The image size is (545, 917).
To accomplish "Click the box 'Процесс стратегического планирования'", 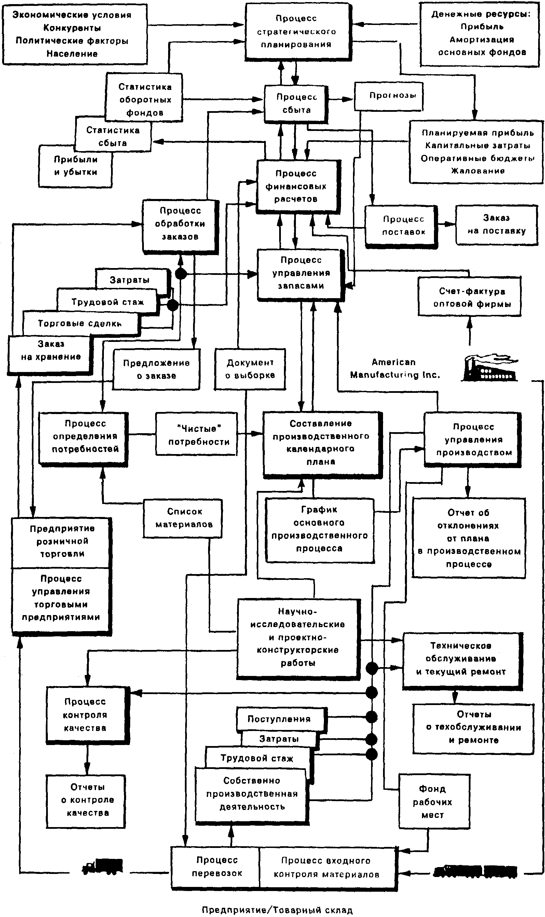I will (297, 31).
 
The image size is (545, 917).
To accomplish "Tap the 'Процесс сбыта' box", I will (296, 104).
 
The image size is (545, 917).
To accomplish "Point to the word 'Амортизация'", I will (482, 40).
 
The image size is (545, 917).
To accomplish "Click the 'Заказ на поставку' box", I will (496, 225).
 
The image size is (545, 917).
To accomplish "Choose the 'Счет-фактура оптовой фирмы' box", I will (470, 297).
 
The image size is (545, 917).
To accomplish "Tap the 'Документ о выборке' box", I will (250, 369).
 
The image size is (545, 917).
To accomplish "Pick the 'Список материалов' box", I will (183, 518).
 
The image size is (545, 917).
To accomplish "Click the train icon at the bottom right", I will (476, 871).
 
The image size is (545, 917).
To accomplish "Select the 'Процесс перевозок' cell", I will (217, 867).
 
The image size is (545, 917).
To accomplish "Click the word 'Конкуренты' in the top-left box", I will (72, 28).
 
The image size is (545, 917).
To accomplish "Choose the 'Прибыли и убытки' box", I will (75, 166).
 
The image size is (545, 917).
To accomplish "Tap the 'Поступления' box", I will (279, 719).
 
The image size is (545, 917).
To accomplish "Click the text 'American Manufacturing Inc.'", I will (394, 369).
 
